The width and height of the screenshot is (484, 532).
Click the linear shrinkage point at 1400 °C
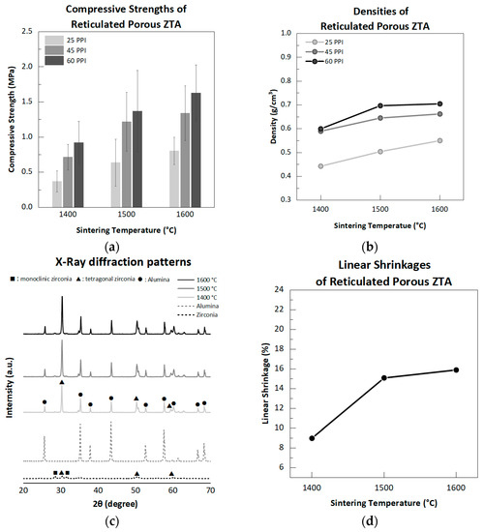312,438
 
